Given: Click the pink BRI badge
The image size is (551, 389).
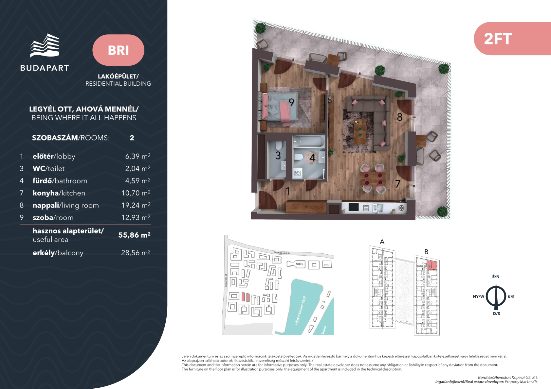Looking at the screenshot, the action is [x=118, y=50].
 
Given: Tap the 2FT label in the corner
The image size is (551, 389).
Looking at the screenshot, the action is [x=498, y=39].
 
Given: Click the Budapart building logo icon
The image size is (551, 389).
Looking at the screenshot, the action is [x=45, y=45].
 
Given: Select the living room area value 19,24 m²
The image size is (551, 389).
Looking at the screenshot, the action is [x=136, y=205].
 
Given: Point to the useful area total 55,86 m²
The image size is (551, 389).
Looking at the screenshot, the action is [x=134, y=235].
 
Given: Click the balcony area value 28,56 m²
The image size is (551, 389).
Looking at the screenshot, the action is [x=136, y=253].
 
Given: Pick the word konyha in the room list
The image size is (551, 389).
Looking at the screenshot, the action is [x=46, y=193].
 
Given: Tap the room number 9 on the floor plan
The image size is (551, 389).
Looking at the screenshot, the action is [x=291, y=102].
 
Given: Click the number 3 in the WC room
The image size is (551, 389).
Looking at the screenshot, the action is [x=278, y=156].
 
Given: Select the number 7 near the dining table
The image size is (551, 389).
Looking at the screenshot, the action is [x=398, y=184].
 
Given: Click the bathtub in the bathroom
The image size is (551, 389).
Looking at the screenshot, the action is [x=309, y=142].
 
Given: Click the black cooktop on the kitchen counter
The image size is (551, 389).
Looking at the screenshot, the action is [x=354, y=207].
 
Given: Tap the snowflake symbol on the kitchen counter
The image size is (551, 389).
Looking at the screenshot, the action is [x=401, y=208].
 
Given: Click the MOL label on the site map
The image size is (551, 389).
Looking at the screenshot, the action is [x=299, y=264].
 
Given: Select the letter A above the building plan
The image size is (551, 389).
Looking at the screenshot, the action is [x=382, y=242].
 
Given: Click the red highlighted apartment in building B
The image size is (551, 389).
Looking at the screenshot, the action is [x=432, y=265].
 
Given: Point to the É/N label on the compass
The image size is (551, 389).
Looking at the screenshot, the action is [x=496, y=277].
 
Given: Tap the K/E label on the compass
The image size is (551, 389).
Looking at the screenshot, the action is [x=511, y=297].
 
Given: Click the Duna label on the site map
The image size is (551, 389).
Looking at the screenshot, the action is [x=324, y=330].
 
